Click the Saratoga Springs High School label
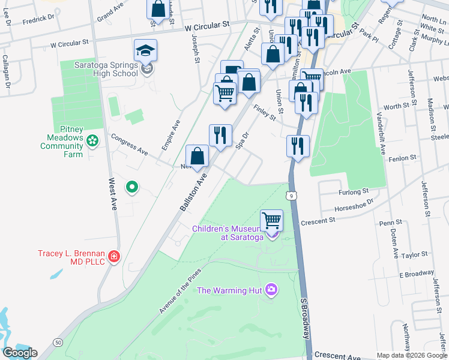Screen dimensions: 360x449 tap(106, 69)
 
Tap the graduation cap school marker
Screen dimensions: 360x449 tap(145, 50)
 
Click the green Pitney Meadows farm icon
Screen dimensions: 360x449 tap(92, 141)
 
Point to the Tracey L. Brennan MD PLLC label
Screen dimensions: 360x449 tap(71, 257)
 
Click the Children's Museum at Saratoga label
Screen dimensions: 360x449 tap(228, 233)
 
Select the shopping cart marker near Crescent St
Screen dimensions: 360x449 tap(272, 220)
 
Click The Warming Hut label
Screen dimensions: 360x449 tap(231, 291)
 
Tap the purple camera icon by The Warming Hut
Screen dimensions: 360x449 tap(271, 291)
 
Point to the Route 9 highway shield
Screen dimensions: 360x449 tap(291, 196)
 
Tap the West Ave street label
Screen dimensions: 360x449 tap(113, 193)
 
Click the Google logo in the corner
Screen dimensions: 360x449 tap(20, 353)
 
